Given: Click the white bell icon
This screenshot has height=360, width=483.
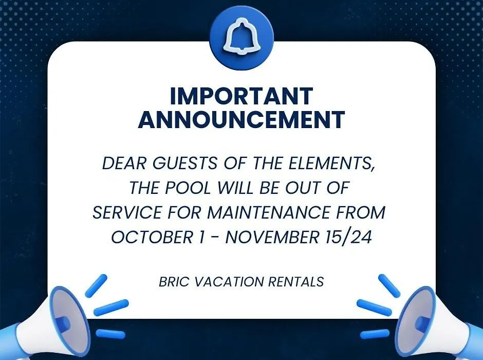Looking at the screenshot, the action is point(241,36).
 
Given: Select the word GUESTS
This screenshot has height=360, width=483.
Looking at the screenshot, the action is point(185,163).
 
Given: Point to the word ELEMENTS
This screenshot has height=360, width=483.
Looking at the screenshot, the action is point(332,164).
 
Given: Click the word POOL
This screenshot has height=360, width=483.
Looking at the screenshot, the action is point(188,188).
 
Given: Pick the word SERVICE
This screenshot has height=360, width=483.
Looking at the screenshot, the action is point(127,212).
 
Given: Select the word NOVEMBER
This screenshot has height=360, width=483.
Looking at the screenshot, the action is point(272,237).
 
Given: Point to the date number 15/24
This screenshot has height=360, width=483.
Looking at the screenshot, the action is point(348,237).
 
